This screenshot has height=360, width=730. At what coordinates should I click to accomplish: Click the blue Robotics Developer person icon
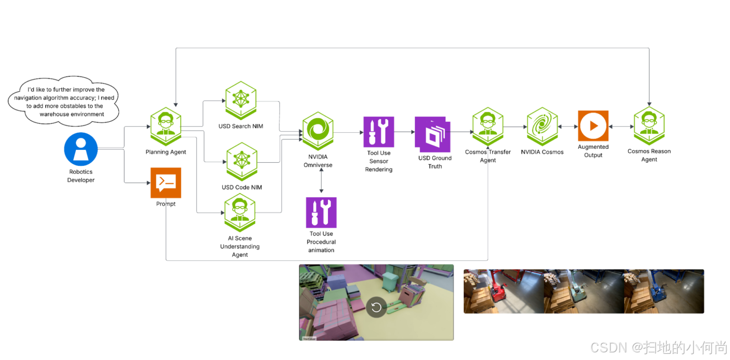[x=81, y=149]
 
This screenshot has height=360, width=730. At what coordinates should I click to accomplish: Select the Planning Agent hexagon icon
[x=166, y=126]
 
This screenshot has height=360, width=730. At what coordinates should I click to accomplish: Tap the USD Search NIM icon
[x=240, y=100]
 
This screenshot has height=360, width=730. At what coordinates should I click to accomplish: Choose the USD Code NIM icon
[x=241, y=162]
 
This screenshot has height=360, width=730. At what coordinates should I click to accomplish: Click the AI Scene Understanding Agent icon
[x=240, y=213]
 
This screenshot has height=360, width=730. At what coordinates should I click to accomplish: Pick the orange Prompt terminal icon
[x=166, y=183]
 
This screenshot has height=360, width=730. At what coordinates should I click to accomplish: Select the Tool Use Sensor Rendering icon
[x=378, y=132]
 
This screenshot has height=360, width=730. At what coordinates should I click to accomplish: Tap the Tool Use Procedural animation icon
[x=321, y=213]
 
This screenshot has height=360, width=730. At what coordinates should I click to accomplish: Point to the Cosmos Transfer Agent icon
[x=488, y=126]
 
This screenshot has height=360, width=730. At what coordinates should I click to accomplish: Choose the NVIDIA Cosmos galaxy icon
[x=542, y=126]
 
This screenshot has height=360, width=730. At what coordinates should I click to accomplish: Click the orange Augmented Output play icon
[x=593, y=126]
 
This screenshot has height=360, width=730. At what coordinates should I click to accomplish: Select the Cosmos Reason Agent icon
[x=649, y=126]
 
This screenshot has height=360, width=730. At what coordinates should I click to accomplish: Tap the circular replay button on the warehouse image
[x=376, y=307]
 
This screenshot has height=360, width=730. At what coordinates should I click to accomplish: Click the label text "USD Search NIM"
[x=240, y=126]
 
